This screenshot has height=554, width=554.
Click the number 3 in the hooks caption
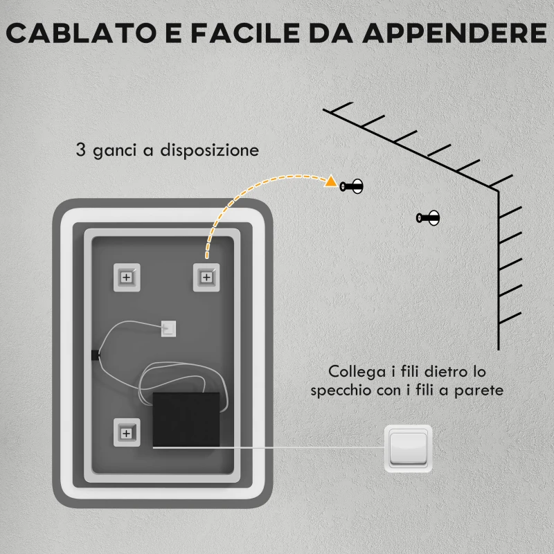pyautogui.click(x=82, y=150)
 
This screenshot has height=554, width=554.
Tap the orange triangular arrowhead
pyautogui.click(x=331, y=183)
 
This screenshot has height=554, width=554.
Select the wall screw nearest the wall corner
pyautogui.click(x=428, y=218)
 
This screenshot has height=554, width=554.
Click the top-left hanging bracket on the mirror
pyautogui.click(x=126, y=277)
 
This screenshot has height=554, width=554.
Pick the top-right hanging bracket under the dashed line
pyautogui.click(x=206, y=277)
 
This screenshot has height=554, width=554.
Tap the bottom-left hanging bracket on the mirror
pyautogui.click(x=126, y=433)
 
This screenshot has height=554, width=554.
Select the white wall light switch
pyautogui.click(x=409, y=449)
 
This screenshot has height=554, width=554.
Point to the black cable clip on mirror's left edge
pyautogui.click(x=94, y=355)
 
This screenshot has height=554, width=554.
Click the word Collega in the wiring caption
pyautogui.click(x=354, y=372)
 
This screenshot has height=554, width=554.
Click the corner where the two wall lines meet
pyautogui.click(x=499, y=190)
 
